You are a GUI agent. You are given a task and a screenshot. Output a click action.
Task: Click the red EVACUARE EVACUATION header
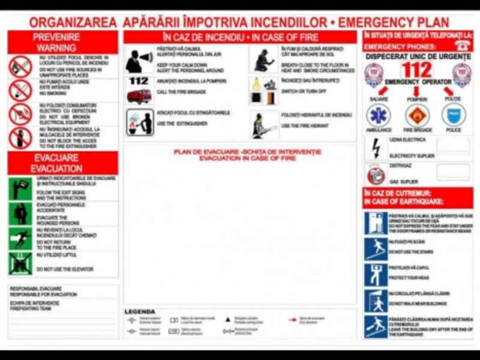pyautogui.click(x=63, y=163)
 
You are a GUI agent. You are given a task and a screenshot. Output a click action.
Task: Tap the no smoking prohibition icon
pyautogui.click(x=20, y=90)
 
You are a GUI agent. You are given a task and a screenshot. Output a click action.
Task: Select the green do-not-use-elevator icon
pyautogui.click(x=20, y=263)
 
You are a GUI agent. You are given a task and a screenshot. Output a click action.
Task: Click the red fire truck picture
pyautogui.click(x=139, y=95)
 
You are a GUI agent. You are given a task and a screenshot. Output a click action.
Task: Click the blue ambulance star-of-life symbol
pyautogui.click(x=379, y=115)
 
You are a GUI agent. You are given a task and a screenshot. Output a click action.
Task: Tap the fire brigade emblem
pyautogui.click(x=417, y=115)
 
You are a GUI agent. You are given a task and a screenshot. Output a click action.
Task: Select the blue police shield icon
pyautogui.click(x=454, y=115)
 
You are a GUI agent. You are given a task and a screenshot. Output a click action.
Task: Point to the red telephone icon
pyautogui.click(x=463, y=44)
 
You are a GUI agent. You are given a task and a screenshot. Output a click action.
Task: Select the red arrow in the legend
pyautogui.click(x=293, y=320)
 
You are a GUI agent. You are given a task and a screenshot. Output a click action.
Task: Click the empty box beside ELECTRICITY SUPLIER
pyautogui.click(x=453, y=146)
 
